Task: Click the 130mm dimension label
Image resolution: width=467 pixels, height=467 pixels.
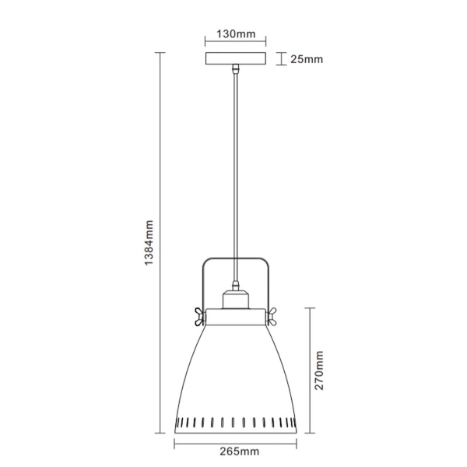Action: point(235,34)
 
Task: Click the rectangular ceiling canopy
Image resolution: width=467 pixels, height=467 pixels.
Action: point(235,59)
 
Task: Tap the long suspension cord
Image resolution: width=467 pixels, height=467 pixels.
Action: point(234,171)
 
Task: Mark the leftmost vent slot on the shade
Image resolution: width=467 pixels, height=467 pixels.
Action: point(181,422)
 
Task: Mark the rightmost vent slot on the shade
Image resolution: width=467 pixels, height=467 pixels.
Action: point(290,422)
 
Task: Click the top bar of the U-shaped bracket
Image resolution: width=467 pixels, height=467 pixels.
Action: point(235,259)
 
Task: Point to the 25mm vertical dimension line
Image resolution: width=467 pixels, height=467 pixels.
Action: point(279,59)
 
